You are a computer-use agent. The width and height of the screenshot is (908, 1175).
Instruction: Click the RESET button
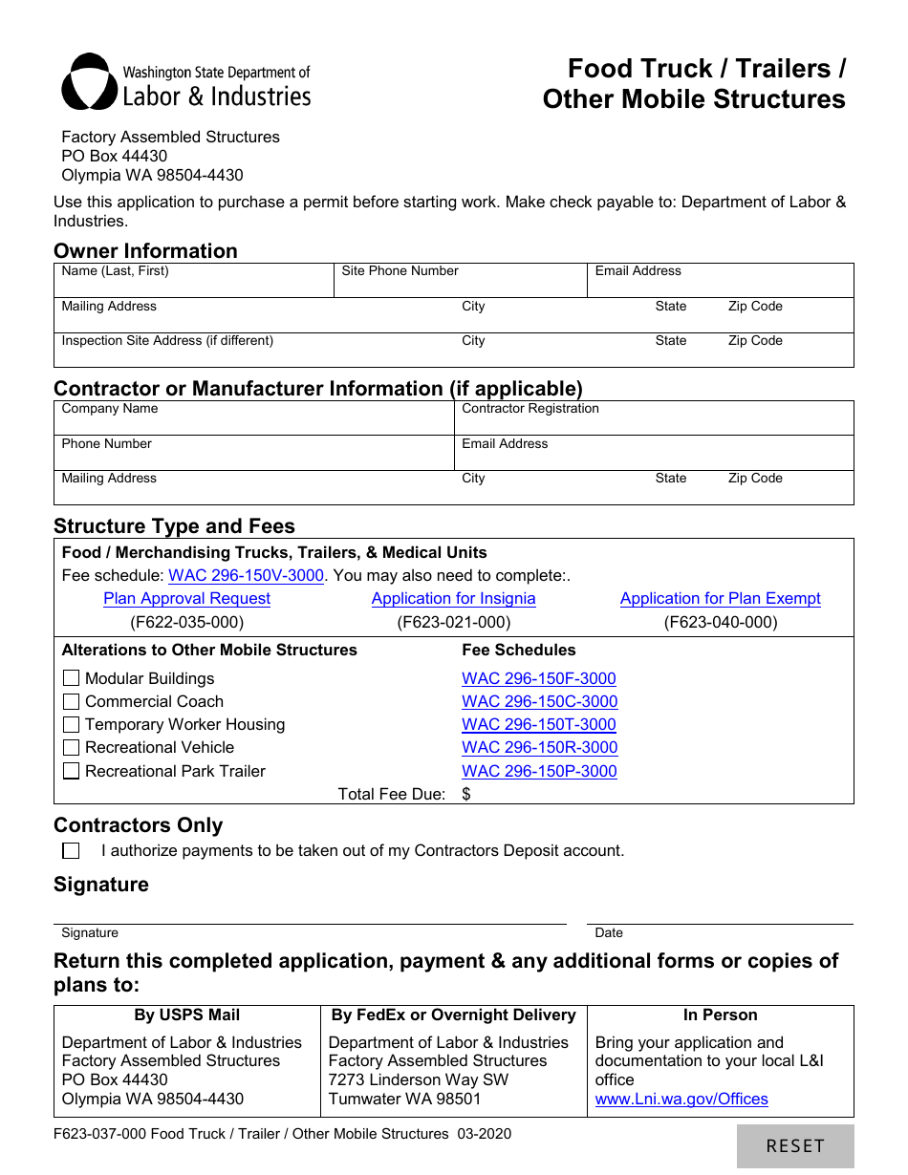pos(794,1145)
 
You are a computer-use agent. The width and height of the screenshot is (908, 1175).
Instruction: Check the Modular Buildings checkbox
pos(71,678)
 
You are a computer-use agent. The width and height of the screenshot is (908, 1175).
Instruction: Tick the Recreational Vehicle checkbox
pos(71,748)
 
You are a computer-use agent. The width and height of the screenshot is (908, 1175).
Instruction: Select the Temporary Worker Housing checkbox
pos(71,725)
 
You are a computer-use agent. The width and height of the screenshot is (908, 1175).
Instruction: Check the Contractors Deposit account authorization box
pos(71,850)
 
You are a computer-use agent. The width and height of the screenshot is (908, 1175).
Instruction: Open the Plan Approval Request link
pos(186,599)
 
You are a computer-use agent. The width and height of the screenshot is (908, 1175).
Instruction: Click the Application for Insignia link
pos(453,599)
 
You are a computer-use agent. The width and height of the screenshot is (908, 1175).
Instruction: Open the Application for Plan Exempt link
pos(720,599)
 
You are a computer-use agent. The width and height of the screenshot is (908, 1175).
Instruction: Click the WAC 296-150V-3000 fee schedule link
pos(246,576)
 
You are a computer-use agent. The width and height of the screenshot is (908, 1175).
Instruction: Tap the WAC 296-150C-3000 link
pos(539,702)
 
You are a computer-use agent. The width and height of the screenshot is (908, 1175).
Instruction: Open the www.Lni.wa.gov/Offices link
pos(681,1100)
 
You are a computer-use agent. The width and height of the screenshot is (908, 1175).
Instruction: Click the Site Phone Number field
pos(460,285)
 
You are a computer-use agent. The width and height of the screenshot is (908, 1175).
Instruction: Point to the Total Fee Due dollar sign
pos(466,794)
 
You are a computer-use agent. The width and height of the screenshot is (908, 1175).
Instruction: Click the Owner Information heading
pos(145,251)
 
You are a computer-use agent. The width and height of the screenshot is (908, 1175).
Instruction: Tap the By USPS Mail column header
pos(186,1015)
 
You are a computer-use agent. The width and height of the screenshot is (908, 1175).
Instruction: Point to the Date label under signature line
pos(608,933)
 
